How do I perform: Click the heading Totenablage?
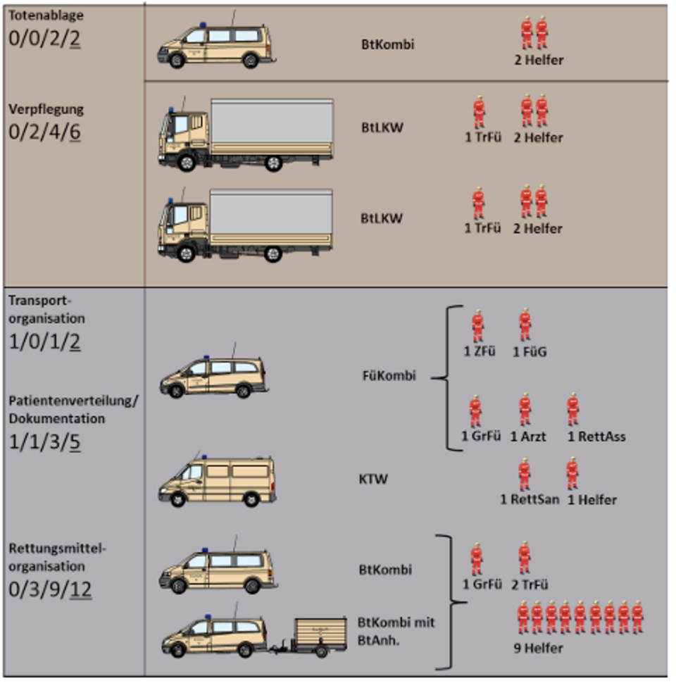point(46,15)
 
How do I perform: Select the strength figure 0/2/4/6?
point(44,132)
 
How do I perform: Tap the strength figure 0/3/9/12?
point(50,589)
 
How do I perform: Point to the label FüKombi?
point(389,375)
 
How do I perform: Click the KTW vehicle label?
point(373,479)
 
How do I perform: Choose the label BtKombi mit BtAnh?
point(396,631)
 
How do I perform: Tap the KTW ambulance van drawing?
point(217,480)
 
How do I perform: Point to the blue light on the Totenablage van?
point(203,25)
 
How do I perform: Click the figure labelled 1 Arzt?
point(525,410)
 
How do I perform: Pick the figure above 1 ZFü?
point(478,326)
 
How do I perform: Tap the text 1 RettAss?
point(596,437)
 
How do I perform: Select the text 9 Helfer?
point(539,648)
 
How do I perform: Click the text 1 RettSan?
point(530,499)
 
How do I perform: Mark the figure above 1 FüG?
point(525,325)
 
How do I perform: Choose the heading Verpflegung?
point(46,109)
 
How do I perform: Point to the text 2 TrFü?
point(530,584)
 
